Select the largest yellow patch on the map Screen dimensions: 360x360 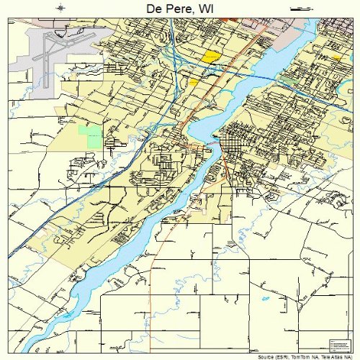[x=210, y=56]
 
